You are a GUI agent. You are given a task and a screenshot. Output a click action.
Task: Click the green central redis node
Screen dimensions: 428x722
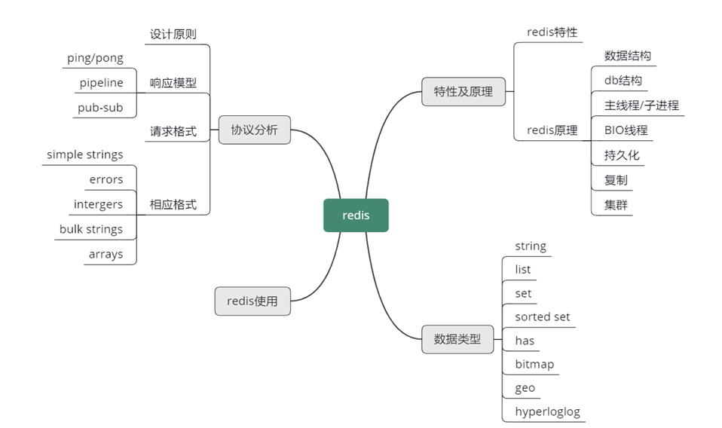pos(356,216)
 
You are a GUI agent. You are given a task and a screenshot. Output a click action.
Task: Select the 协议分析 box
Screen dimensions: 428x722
pos(254,130)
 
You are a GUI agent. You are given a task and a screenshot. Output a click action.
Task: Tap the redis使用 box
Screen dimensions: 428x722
pos(252,301)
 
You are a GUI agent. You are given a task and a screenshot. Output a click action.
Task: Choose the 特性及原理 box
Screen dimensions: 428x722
pos(463,92)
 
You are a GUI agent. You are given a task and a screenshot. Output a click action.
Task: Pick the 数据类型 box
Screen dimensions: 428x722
pos(457,339)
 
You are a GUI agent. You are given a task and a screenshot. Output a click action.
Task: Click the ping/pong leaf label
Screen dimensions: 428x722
pos(95,58)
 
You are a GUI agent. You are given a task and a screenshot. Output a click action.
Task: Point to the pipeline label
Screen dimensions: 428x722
pos(101,83)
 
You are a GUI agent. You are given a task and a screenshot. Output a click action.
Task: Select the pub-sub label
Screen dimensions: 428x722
pos(100,108)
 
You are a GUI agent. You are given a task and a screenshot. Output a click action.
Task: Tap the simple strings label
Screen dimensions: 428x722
pos(84,154)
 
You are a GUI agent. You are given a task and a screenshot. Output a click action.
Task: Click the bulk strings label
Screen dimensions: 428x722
pos(90,229)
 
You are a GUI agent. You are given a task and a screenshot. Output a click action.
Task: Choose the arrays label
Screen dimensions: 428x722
pos(106,254)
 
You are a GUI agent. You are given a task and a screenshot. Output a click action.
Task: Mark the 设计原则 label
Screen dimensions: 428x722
pos(173,34)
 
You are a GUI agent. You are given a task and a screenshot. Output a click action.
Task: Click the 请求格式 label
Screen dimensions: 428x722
pos(173,131)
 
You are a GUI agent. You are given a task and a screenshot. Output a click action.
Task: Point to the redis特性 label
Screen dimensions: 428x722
pos(552,32)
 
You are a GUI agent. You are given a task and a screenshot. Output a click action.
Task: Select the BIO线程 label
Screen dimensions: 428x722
pos(626,130)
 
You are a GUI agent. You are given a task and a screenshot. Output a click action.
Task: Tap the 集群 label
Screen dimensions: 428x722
pos(616,204)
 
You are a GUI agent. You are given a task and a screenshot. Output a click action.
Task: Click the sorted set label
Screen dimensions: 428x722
pos(542,316)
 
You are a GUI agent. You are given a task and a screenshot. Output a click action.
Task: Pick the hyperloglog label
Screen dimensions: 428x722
pos(547,411)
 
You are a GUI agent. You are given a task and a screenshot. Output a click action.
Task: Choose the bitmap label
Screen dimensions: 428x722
pos(534,364)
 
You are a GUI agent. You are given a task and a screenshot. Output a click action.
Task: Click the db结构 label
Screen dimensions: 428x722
pos(623,80)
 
